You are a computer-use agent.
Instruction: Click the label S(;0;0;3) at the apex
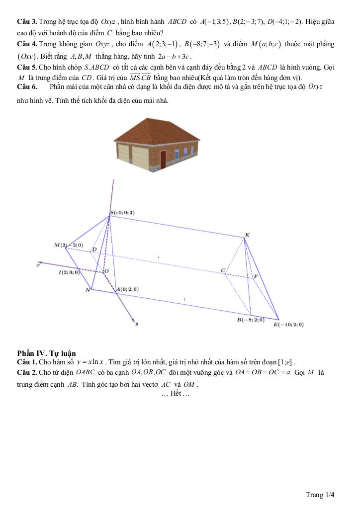(x=122, y=213)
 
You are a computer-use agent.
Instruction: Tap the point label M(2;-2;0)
(x=69, y=246)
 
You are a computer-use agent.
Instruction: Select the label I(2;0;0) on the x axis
(x=69, y=272)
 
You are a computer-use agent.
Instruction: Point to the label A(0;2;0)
(x=127, y=289)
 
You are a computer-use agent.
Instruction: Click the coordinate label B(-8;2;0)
(x=251, y=320)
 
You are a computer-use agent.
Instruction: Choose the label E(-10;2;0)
(x=288, y=325)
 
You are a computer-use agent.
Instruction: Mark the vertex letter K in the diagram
(x=247, y=235)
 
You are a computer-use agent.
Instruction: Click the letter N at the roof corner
(x=88, y=290)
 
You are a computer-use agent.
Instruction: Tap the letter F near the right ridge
(x=256, y=276)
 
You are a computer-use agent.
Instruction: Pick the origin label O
(x=105, y=271)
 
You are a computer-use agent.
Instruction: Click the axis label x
(x=37, y=265)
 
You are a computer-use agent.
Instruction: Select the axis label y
(x=136, y=324)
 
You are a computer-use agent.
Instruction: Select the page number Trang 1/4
(x=320, y=495)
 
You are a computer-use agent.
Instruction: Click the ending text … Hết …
(x=176, y=394)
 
